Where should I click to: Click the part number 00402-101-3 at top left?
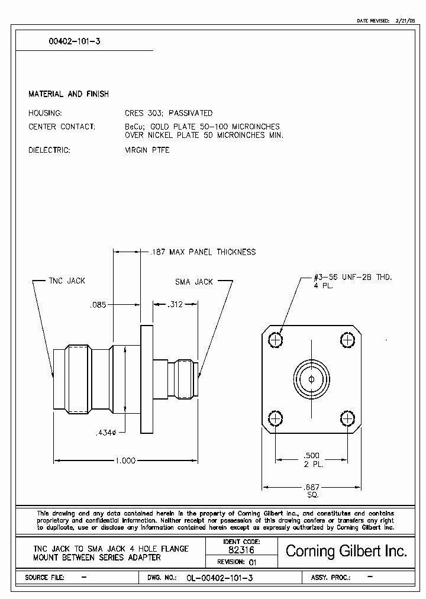[x=69, y=42]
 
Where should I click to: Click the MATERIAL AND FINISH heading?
[x=69, y=94]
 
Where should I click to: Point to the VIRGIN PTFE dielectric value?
[x=147, y=150]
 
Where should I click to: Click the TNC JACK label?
[x=67, y=281]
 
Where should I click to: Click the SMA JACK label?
[x=193, y=282]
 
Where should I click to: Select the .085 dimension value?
[x=98, y=305]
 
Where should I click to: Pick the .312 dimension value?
[x=175, y=304]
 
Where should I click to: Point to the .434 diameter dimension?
[x=109, y=433]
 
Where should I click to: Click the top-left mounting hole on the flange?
[x=276, y=340]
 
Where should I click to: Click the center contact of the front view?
[x=311, y=379]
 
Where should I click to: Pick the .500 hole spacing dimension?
[x=311, y=456]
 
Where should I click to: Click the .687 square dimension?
[x=312, y=487]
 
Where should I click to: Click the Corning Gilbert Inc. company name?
[x=346, y=552]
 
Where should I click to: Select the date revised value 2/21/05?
[x=406, y=21]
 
